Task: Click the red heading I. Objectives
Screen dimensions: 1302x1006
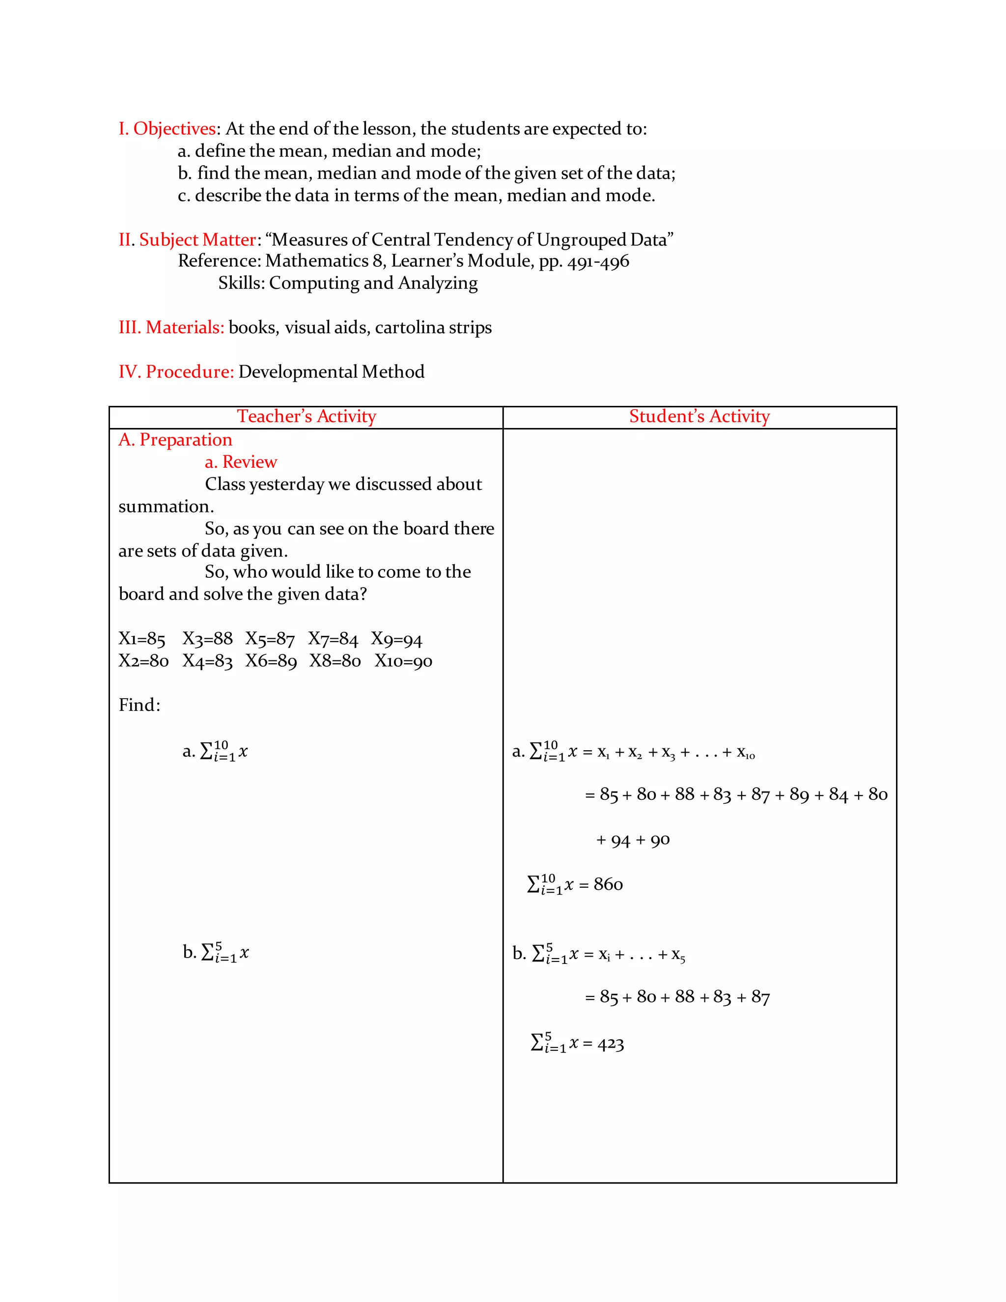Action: [x=167, y=129]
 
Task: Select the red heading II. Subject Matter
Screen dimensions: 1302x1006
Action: [x=187, y=240]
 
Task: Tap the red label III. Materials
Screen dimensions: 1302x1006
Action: [x=171, y=327]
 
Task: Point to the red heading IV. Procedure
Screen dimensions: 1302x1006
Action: [x=176, y=371]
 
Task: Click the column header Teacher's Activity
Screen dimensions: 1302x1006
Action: [x=307, y=416]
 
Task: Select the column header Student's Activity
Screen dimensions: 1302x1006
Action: [x=699, y=416]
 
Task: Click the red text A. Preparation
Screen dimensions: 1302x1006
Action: [x=175, y=440]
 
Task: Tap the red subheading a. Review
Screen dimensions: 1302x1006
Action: [x=241, y=462]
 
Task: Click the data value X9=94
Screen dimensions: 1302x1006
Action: [x=396, y=639]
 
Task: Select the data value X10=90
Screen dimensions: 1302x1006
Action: [x=403, y=661]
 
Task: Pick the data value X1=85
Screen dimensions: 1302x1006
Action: [x=142, y=639]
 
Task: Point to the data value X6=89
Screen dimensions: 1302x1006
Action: [x=271, y=661]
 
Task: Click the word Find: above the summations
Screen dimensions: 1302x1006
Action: [x=140, y=705]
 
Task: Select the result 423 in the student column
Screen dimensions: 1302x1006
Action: [x=610, y=1044]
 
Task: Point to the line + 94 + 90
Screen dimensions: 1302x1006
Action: [x=633, y=840]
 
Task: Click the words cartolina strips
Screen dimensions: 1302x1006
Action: [x=433, y=327]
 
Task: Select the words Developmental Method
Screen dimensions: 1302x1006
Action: [x=332, y=371]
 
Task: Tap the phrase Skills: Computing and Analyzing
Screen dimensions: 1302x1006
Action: [x=347, y=283]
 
